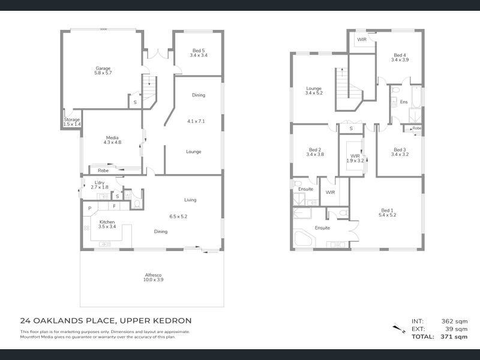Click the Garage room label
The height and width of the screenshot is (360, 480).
103,68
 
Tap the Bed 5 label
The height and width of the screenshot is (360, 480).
199,50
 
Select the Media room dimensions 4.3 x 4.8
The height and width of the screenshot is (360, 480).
112,142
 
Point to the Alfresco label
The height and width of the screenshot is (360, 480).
154,275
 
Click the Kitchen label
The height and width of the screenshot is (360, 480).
107,222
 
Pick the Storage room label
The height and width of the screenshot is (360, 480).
72,119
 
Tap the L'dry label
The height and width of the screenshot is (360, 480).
100,182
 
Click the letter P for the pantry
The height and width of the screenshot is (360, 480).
89,208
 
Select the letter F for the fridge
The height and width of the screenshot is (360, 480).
114,206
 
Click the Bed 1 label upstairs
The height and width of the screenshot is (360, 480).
387,211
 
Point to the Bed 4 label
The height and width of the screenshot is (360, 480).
400,55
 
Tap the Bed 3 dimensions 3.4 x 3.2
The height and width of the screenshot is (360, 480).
400,154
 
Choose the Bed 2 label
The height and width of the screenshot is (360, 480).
315,149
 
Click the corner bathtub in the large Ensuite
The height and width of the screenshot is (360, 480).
303,239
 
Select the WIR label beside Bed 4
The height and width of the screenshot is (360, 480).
362,40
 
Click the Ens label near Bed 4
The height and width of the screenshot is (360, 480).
404,101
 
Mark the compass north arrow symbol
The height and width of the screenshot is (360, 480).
399,328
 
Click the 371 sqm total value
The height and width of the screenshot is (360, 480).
454,337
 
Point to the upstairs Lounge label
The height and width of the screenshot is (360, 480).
314,88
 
